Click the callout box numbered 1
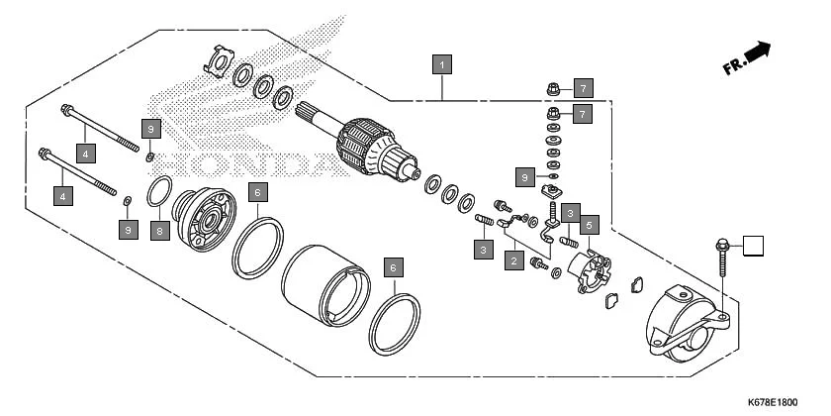pos(442,64)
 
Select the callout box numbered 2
pos(513,261)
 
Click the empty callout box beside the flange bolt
pos(755,246)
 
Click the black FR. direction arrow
pos(758,52)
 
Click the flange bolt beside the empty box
pos(720,254)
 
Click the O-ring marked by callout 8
pos(161,191)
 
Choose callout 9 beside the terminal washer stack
pos(526,176)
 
